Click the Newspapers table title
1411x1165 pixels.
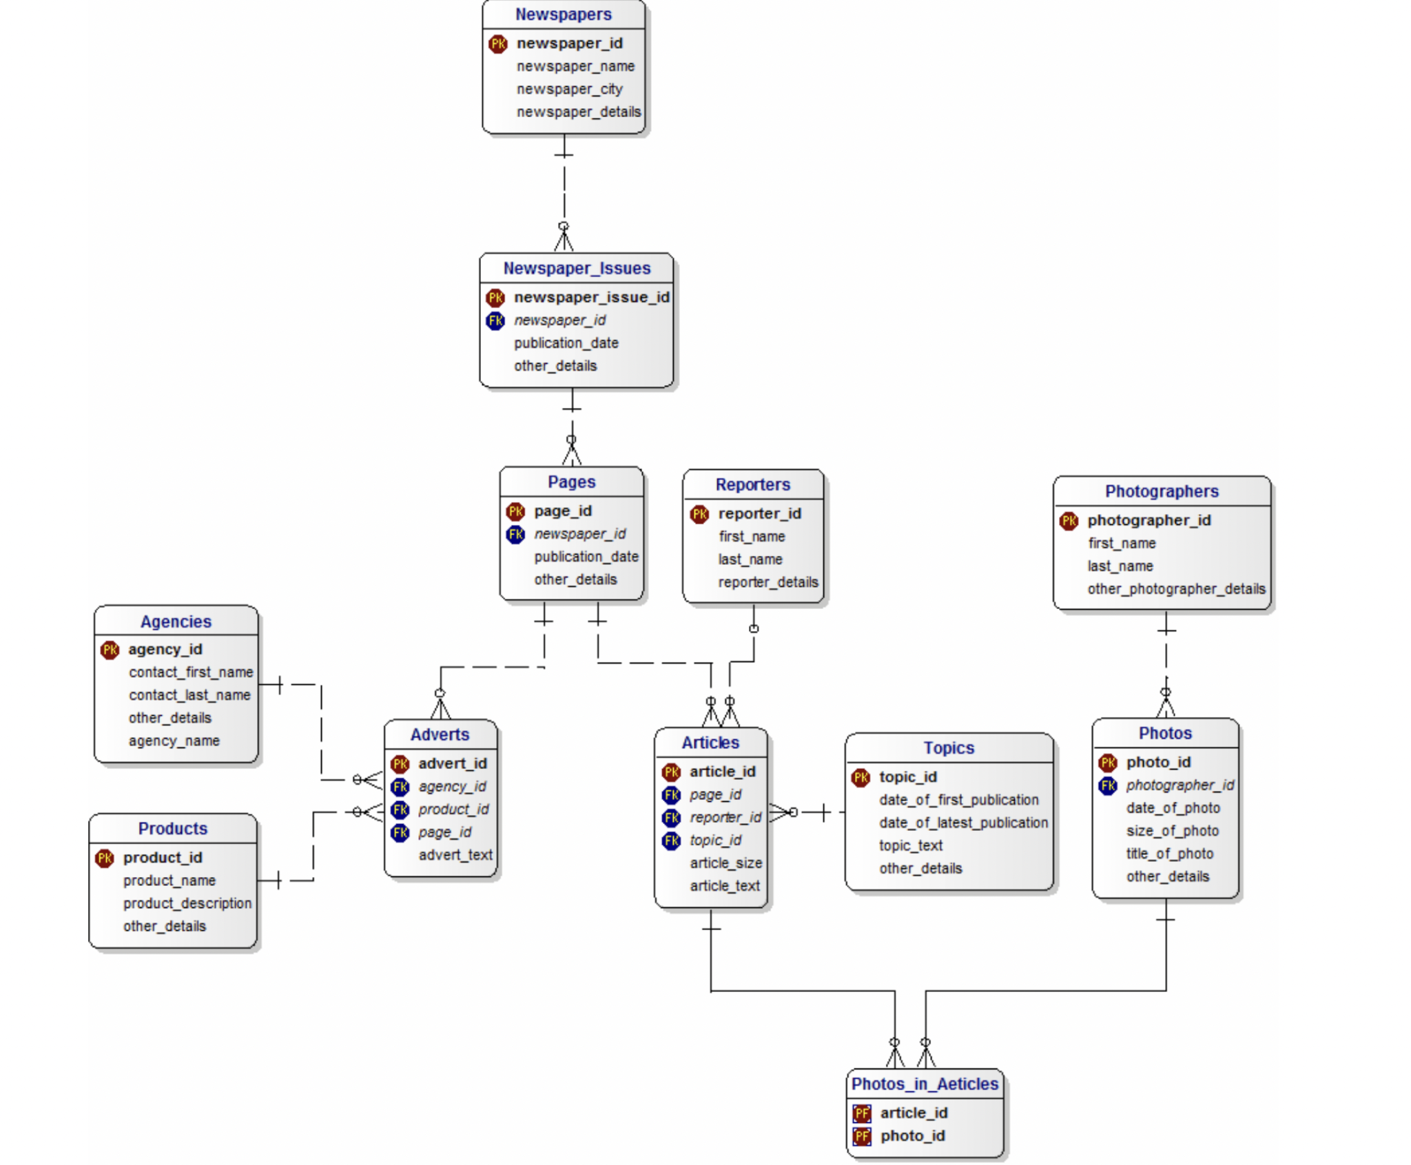[563, 14]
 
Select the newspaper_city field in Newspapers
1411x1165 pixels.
[569, 89]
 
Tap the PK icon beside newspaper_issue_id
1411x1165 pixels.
[495, 298]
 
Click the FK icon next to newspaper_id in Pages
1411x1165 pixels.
[515, 534]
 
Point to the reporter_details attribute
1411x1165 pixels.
[768, 582]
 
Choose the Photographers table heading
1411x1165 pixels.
[1161, 491]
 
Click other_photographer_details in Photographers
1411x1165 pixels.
[1176, 589]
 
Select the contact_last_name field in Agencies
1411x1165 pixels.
[189, 695]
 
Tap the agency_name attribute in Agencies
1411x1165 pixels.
[174, 741]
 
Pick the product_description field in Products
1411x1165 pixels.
[187, 903]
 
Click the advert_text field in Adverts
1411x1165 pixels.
[455, 855]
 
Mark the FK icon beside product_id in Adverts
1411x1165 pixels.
[400, 810]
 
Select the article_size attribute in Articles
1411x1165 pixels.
[725, 863]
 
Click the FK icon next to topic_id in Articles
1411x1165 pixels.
[672, 841]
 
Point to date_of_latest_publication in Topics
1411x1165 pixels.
[963, 823]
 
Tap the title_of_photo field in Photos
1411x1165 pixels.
[1169, 854]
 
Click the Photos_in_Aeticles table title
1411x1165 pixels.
[924, 1084]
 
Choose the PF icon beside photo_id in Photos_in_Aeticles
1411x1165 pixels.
[861, 1136]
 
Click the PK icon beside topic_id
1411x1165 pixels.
[861, 778]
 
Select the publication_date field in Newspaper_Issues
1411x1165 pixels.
[566, 343]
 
